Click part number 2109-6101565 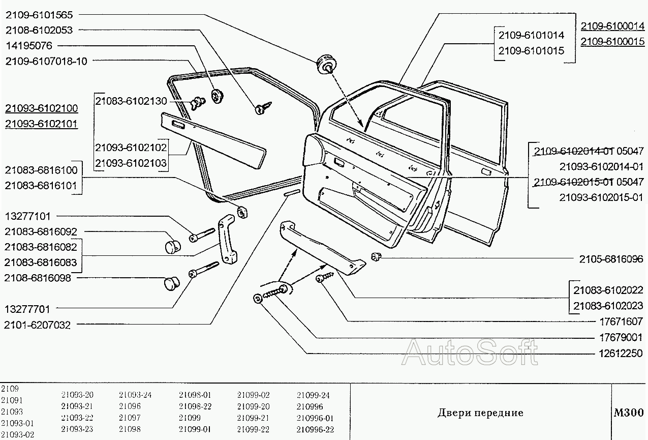click(39, 15)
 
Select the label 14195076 click(29, 45)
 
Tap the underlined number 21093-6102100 click(42, 108)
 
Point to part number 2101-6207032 click(37, 325)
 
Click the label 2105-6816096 click(611, 259)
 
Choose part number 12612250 click(621, 353)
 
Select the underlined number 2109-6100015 click(612, 42)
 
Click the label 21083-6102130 click(131, 101)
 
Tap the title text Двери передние click(480, 413)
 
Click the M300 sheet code click(629, 413)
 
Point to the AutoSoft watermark click(470, 352)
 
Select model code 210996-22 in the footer click(315, 429)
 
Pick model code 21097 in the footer click(130, 418)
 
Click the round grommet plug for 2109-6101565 click(326, 64)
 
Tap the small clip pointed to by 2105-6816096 click(376, 256)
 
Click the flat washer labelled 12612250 click(258, 299)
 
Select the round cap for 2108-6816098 click(172, 283)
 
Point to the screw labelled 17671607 click(325, 277)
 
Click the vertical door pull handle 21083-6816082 click(227, 239)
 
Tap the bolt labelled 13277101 click(202, 235)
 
